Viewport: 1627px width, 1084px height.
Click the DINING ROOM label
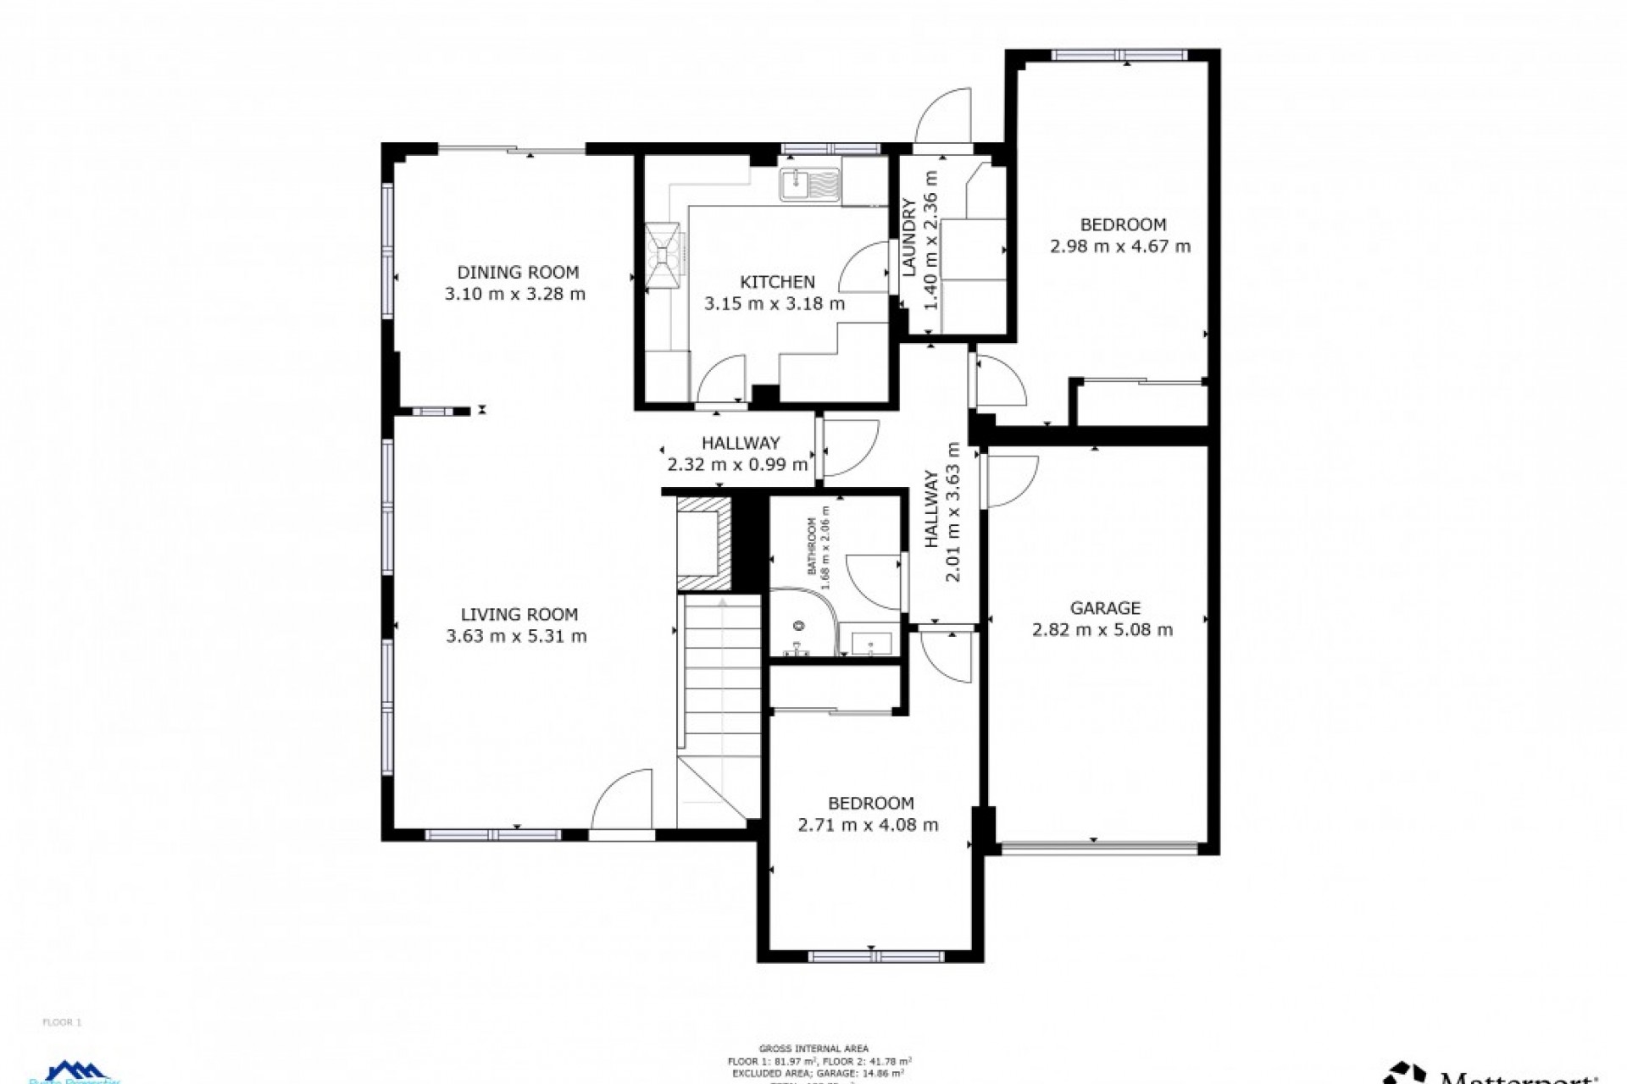[518, 272]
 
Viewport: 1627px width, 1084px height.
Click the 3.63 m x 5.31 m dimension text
[516, 636]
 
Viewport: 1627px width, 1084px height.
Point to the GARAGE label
[1104, 608]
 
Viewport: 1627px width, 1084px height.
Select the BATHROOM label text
[811, 546]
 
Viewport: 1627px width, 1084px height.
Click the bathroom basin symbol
[871, 643]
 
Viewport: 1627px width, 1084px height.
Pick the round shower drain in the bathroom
[797, 626]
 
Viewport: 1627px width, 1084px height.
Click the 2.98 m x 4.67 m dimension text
[1119, 246]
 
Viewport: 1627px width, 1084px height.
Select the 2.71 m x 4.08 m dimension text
[868, 825]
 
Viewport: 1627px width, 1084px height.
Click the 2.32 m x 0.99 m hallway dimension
[737, 464]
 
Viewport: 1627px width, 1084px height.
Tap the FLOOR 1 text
[62, 1022]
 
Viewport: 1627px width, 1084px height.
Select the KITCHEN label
[777, 282]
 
